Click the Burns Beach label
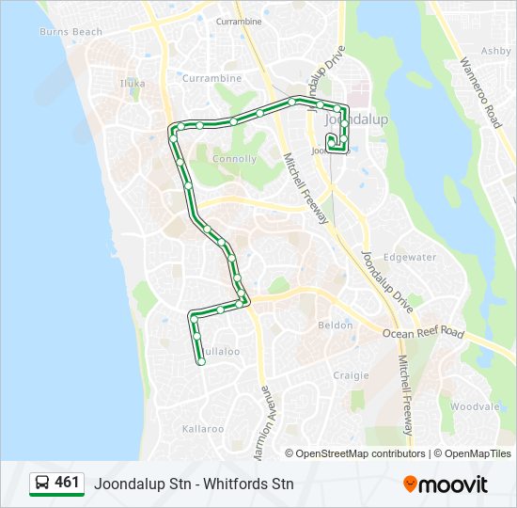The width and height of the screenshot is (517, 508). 70,32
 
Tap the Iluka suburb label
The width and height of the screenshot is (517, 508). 133,83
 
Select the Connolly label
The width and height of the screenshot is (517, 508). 234,159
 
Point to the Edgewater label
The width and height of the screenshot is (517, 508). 411,257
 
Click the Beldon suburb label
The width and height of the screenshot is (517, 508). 336,325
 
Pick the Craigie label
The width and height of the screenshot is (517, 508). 351,374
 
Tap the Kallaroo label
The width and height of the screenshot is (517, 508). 203,428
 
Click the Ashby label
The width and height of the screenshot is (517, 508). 494,52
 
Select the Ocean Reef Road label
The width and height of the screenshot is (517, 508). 423,333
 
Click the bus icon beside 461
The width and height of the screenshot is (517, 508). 42,484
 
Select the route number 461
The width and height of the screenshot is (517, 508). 68,483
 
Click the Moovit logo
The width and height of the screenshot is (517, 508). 446,484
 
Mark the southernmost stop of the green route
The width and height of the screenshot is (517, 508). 201,361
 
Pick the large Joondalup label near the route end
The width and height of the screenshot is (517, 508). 351,120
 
